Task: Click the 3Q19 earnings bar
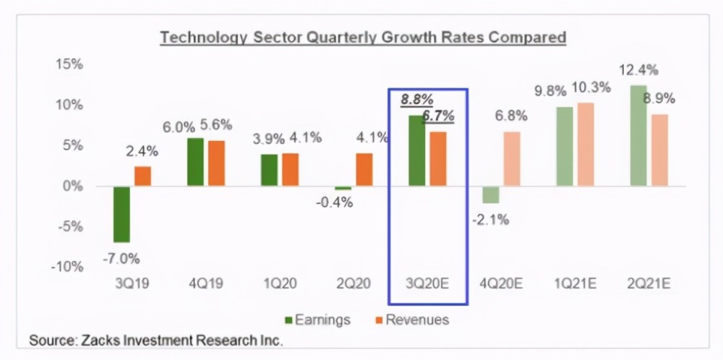point(121,214)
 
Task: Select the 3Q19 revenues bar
point(142,176)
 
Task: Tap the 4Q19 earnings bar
point(196,162)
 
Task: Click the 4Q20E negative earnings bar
point(491,194)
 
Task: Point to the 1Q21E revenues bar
point(586,145)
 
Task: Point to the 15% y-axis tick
point(69,65)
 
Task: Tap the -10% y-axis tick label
point(67,267)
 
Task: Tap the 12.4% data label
point(638,70)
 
